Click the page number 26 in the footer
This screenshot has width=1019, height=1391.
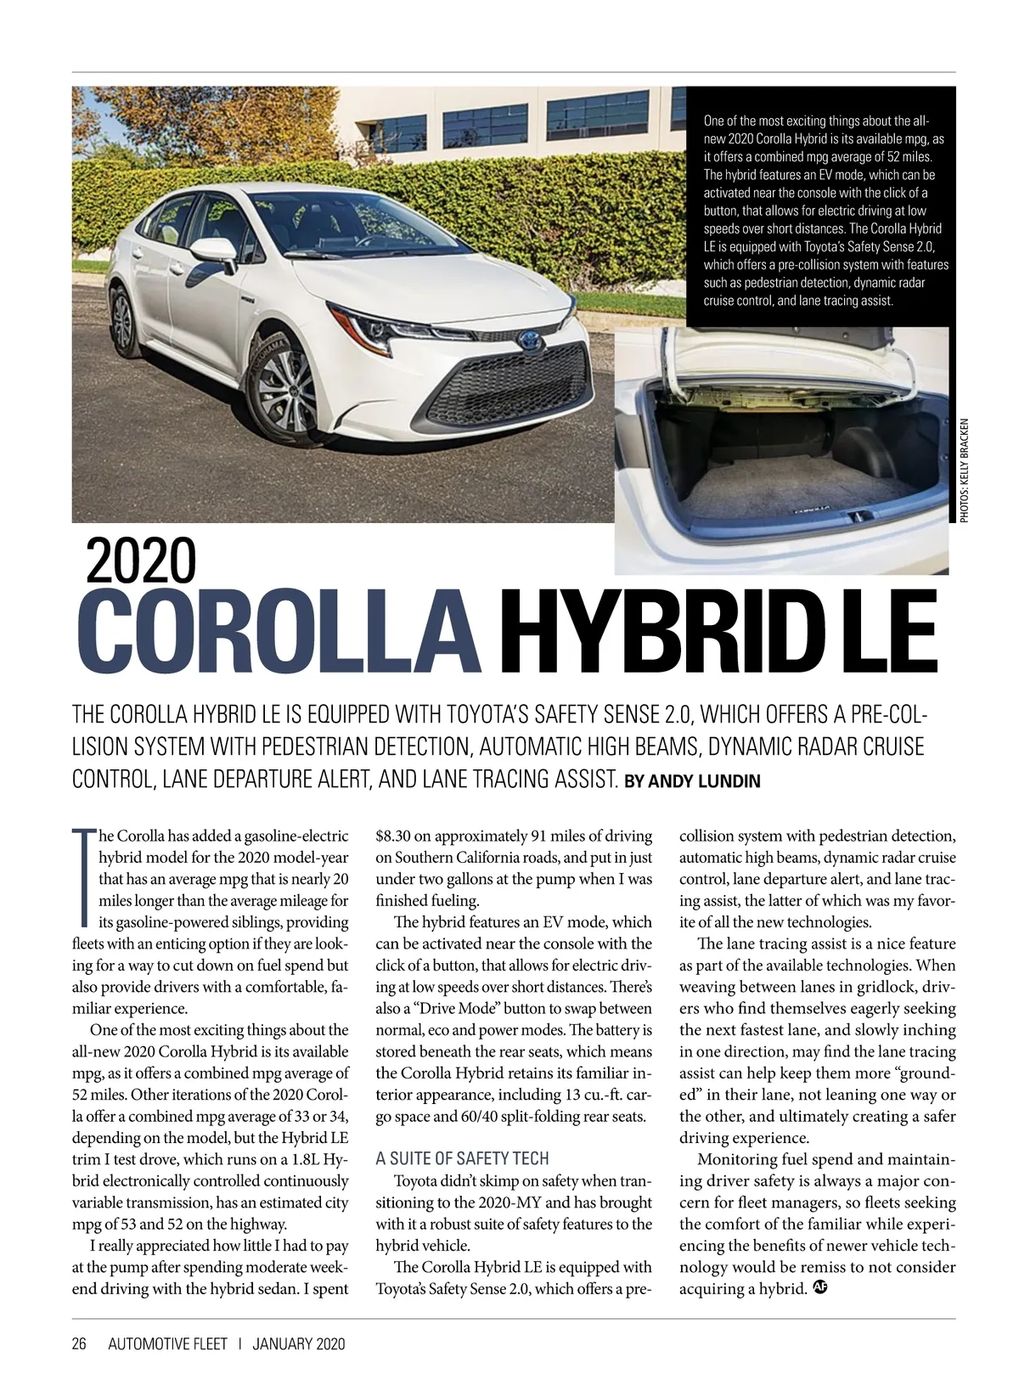tap(80, 1344)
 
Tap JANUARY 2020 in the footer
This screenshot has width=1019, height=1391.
tap(299, 1344)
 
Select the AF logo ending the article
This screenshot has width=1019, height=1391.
tap(819, 1287)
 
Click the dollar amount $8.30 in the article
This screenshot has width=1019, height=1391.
tap(393, 836)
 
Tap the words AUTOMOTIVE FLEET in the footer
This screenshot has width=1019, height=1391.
tap(167, 1344)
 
